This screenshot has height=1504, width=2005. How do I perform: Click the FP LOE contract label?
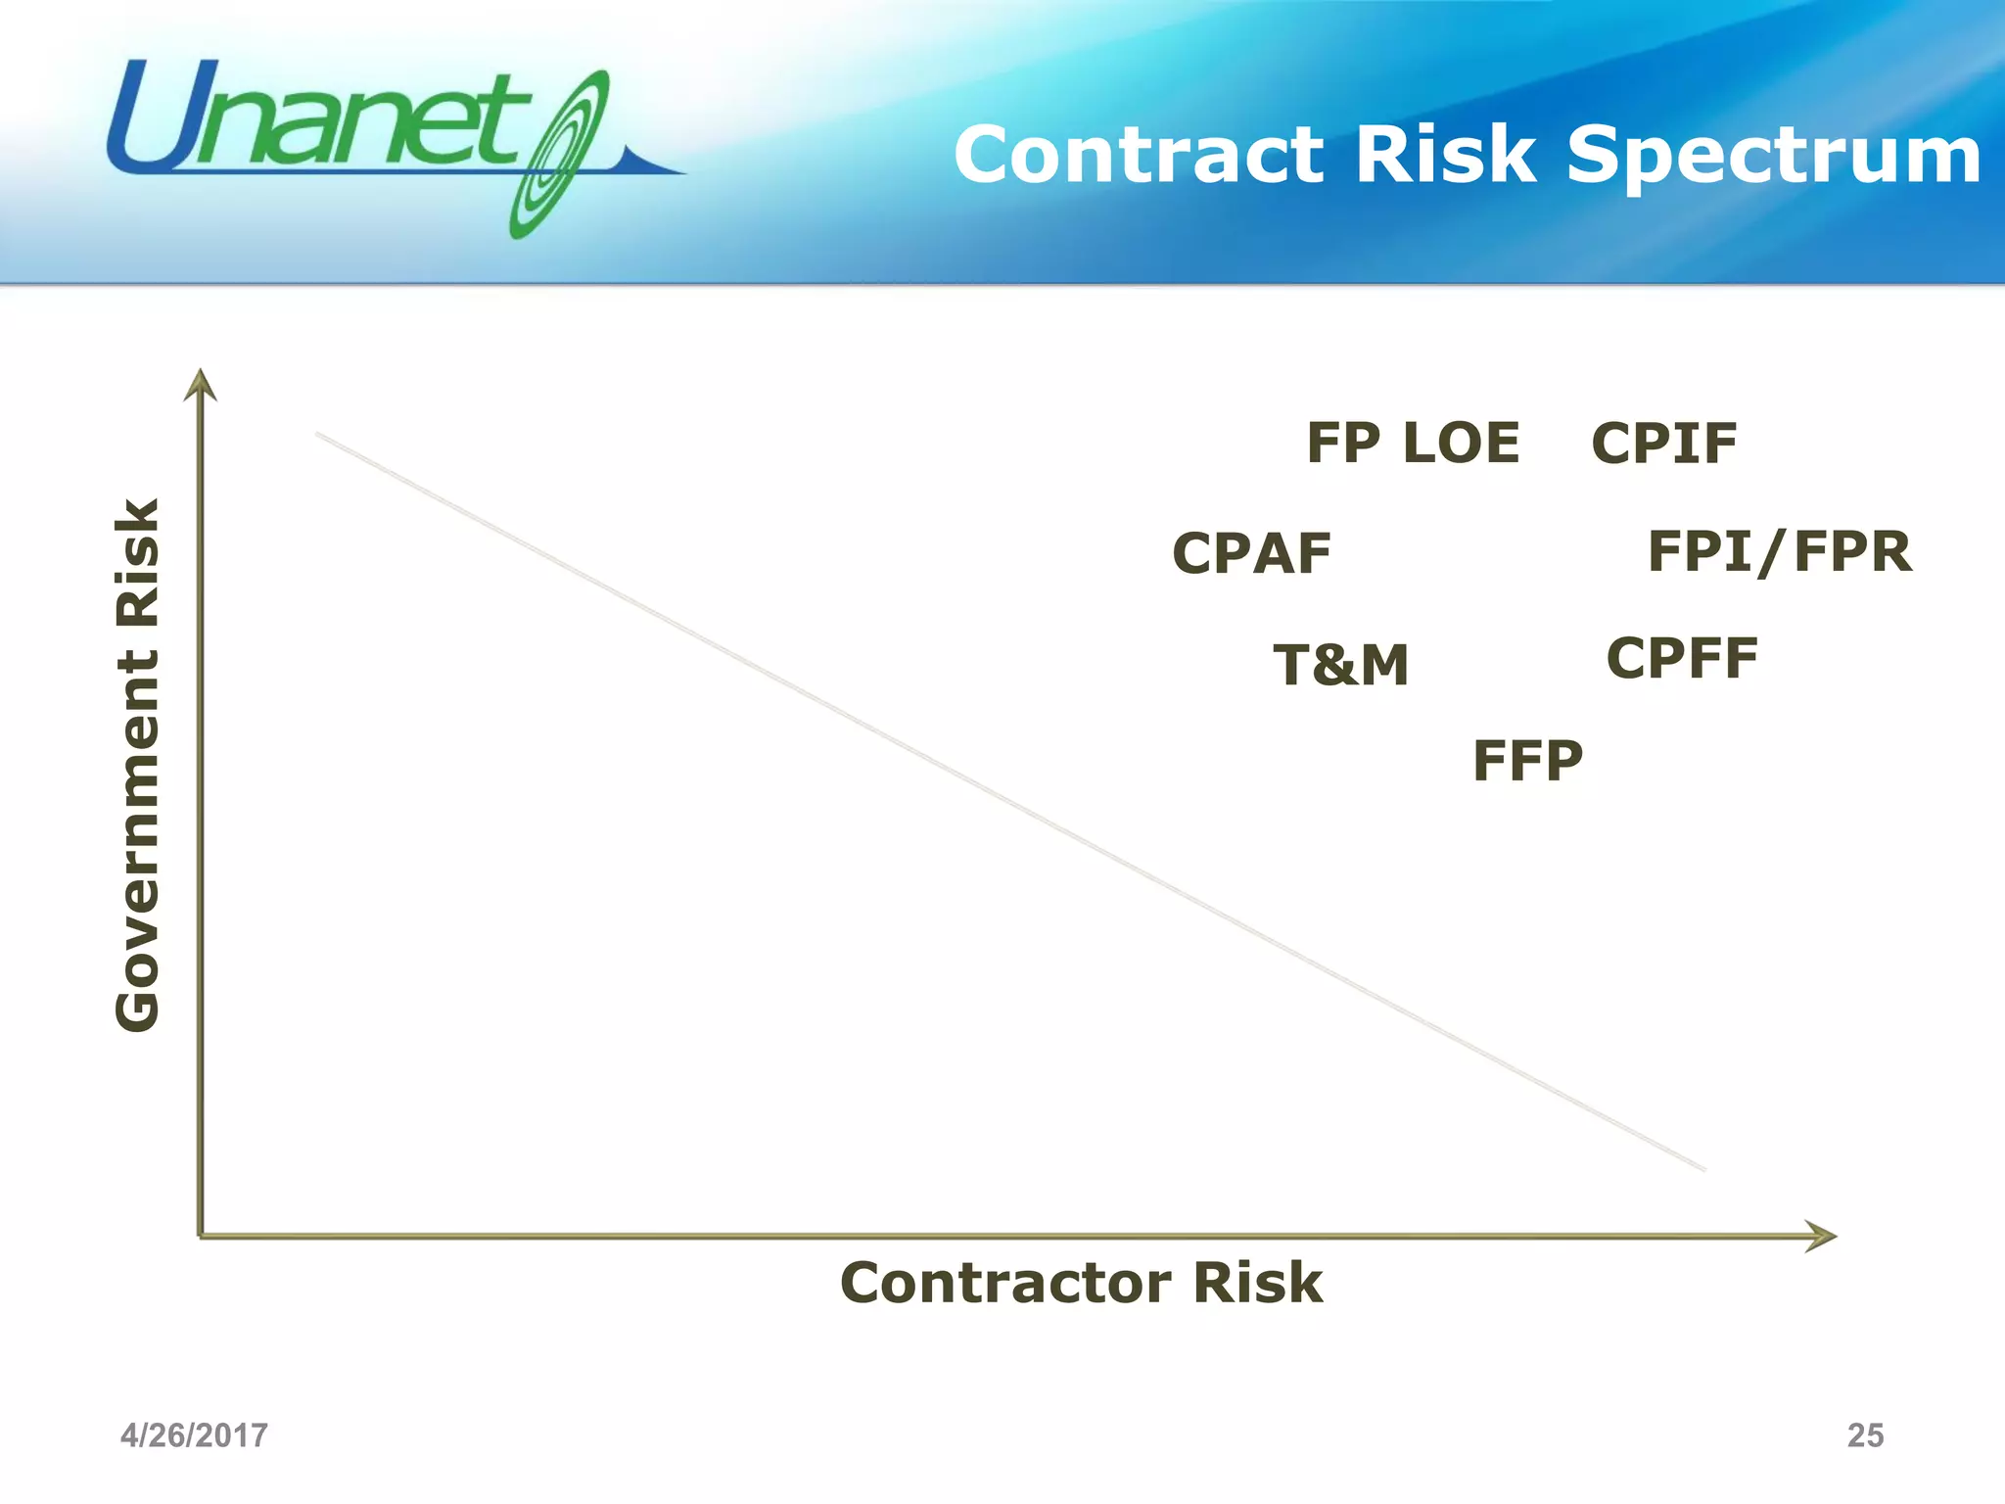click(1413, 443)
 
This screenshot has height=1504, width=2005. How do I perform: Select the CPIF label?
click(1663, 444)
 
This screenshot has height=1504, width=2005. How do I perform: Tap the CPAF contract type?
click(1251, 553)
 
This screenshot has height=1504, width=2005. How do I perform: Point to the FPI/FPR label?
click(1779, 551)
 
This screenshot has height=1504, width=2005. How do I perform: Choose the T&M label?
click(1340, 665)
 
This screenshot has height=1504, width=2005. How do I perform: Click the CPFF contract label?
click(1682, 658)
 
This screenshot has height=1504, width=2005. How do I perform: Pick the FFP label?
click(1527, 761)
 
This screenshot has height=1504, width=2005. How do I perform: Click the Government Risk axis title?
click(137, 764)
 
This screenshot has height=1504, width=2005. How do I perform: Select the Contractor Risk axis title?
click(1081, 1283)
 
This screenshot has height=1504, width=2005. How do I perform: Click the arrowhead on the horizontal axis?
click(1820, 1236)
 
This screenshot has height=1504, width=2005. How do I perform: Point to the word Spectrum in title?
click(1773, 155)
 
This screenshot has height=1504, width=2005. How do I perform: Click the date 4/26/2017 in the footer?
click(194, 1435)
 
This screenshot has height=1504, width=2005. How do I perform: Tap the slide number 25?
click(1864, 1435)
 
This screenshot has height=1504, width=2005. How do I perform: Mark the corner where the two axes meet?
click(201, 1236)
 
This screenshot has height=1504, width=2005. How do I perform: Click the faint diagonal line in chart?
click(1008, 801)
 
